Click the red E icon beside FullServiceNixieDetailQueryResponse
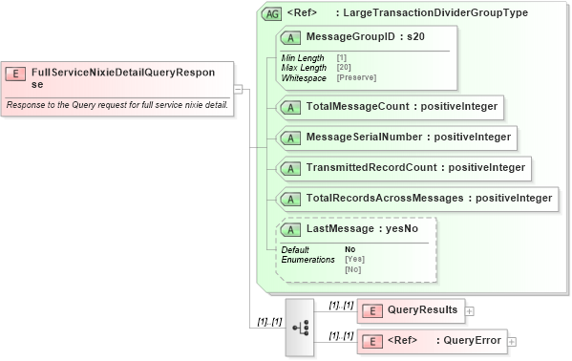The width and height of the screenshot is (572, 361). pyautogui.click(x=16, y=73)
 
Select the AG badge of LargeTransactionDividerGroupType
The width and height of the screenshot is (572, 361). pyautogui.click(x=271, y=13)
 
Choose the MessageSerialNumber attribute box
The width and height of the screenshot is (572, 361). pyautogui.click(x=396, y=138)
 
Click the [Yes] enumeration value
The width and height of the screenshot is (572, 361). pyautogui.click(x=354, y=259)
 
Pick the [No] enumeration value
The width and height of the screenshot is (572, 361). pyautogui.click(x=352, y=269)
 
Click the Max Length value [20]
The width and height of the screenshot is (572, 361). pyautogui.click(x=344, y=67)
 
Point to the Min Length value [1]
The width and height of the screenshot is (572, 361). pyautogui.click(x=341, y=58)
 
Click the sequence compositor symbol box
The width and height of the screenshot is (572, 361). pyautogui.click(x=299, y=327)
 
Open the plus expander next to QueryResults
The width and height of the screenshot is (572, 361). pyautogui.click(x=470, y=310)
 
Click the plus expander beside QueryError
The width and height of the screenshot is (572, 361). pyautogui.click(x=512, y=341)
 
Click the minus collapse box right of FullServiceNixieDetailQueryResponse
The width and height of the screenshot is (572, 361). pyautogui.click(x=239, y=88)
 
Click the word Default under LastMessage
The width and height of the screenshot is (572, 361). pyautogui.click(x=295, y=249)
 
